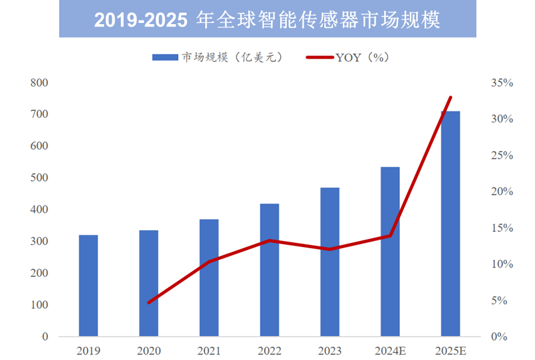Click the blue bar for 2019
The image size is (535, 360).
pyautogui.click(x=88, y=285)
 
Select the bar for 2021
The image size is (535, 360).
pyautogui.click(x=209, y=277)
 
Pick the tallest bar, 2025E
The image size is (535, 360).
pyautogui.click(x=450, y=223)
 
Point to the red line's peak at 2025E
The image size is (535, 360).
pyautogui.click(x=450, y=97)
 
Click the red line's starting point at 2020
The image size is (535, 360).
pyautogui.click(x=149, y=302)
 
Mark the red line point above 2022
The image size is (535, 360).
pyautogui.click(x=269, y=240)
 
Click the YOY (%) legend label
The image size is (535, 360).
pyautogui.click(x=362, y=57)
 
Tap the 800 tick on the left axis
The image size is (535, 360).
pyautogui.click(x=40, y=83)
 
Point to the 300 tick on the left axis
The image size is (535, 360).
pyautogui.click(x=40, y=242)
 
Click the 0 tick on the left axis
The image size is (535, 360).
pyautogui.click(x=45, y=336)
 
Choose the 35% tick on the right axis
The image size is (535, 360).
pyautogui.click(x=502, y=83)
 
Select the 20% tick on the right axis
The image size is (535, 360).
pyautogui.click(x=502, y=191)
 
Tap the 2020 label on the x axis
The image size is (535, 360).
pyautogui.click(x=149, y=350)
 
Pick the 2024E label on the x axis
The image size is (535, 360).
pyautogui.click(x=390, y=350)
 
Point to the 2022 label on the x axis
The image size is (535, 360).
pyautogui.click(x=269, y=350)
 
